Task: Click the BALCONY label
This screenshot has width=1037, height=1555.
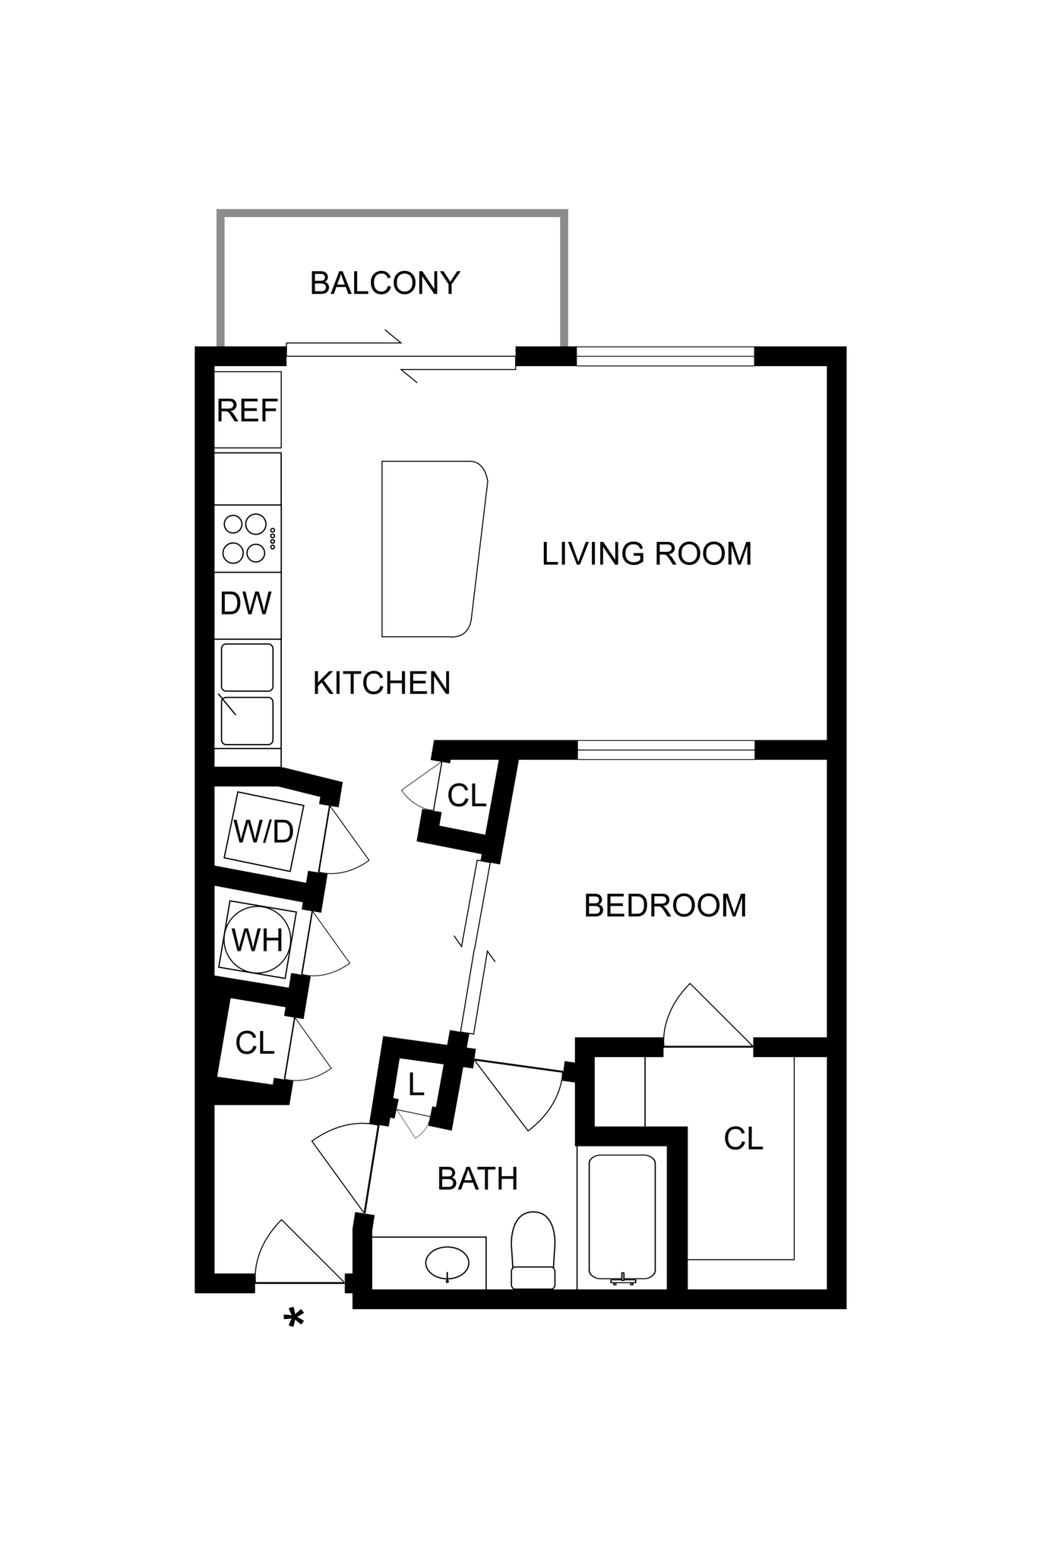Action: click(x=384, y=283)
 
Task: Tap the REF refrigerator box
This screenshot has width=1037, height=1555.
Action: click(x=248, y=410)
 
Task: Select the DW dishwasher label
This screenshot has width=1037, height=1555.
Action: click(x=245, y=604)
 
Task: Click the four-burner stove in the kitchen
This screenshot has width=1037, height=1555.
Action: click(x=248, y=538)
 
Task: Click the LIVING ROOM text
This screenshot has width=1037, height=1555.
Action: click(x=647, y=554)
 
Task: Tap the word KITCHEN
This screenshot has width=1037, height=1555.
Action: click(x=381, y=683)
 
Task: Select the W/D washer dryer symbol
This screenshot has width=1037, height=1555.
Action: click(x=264, y=832)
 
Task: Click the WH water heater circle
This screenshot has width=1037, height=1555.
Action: click(x=257, y=941)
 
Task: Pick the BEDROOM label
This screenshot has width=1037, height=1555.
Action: click(x=665, y=905)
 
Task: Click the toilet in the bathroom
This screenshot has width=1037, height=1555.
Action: click(x=533, y=1250)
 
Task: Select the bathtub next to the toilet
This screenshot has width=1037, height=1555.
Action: click(x=621, y=1218)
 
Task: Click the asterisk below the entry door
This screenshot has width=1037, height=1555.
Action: click(x=293, y=1320)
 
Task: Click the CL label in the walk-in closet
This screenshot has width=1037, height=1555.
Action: click(x=742, y=1139)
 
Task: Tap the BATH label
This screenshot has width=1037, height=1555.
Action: click(x=477, y=1179)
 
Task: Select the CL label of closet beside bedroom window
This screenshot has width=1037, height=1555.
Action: click(x=466, y=796)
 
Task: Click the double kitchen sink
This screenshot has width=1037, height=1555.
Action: click(x=247, y=694)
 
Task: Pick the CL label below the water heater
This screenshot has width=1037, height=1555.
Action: click(x=255, y=1043)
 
